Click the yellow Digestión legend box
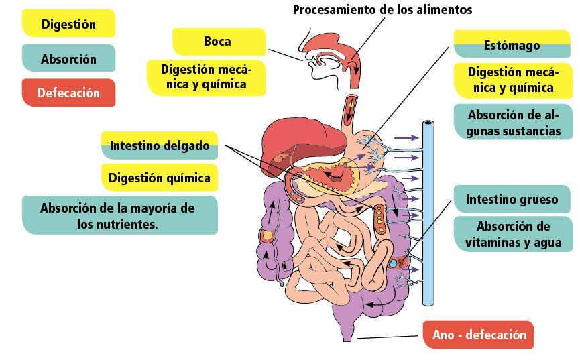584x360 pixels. click(68, 24)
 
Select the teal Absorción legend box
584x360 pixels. click(68, 58)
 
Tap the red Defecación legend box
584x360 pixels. click(68, 93)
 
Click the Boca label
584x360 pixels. click(218, 42)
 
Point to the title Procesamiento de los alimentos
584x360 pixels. click(382, 10)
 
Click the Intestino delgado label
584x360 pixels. click(160, 145)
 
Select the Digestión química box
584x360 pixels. click(160, 178)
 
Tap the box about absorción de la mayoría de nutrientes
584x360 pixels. click(119, 215)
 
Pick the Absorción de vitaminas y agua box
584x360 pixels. click(514, 234)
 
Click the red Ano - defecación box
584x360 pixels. click(478, 335)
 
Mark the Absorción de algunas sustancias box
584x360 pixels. click(514, 122)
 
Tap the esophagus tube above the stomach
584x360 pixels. click(351, 111)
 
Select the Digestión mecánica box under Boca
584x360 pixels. click(206, 76)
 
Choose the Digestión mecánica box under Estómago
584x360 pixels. click(514, 80)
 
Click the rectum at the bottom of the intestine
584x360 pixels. click(347, 328)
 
